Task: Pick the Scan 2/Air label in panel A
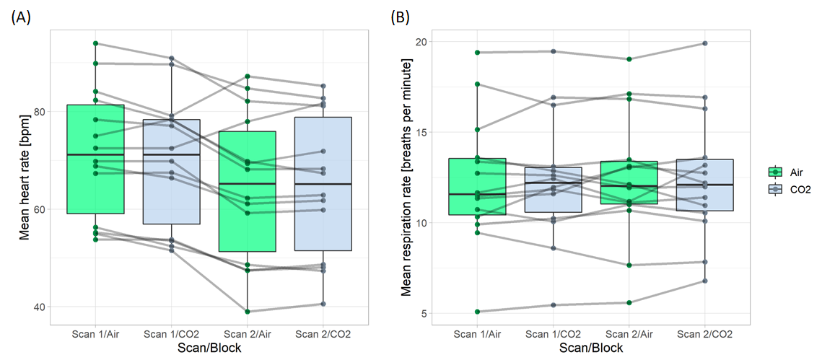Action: point(248,334)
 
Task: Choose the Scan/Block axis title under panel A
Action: point(208,348)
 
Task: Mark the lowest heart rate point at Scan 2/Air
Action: point(248,312)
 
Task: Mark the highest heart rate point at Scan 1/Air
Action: point(96,43)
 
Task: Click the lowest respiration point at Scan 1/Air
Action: point(477,312)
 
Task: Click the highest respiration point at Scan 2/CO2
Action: point(704,43)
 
